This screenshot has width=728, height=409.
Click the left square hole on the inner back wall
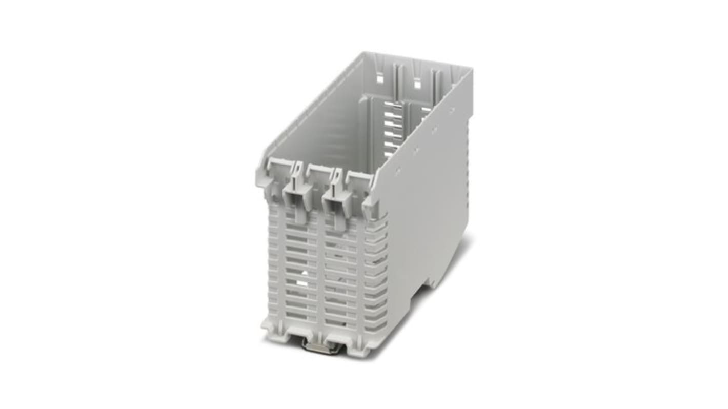click(x=379, y=79)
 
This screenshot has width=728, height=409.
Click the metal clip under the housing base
click(x=321, y=346)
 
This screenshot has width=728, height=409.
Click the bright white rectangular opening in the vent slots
click(x=302, y=282)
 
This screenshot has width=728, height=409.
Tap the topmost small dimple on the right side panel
click(x=452, y=109)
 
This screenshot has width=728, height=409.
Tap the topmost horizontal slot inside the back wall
click(x=393, y=105)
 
